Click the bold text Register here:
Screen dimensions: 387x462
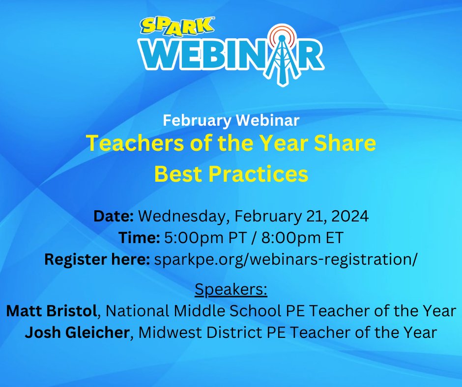click(x=97, y=259)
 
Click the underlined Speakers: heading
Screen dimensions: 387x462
click(x=231, y=289)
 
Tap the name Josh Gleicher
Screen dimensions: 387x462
click(x=77, y=332)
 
